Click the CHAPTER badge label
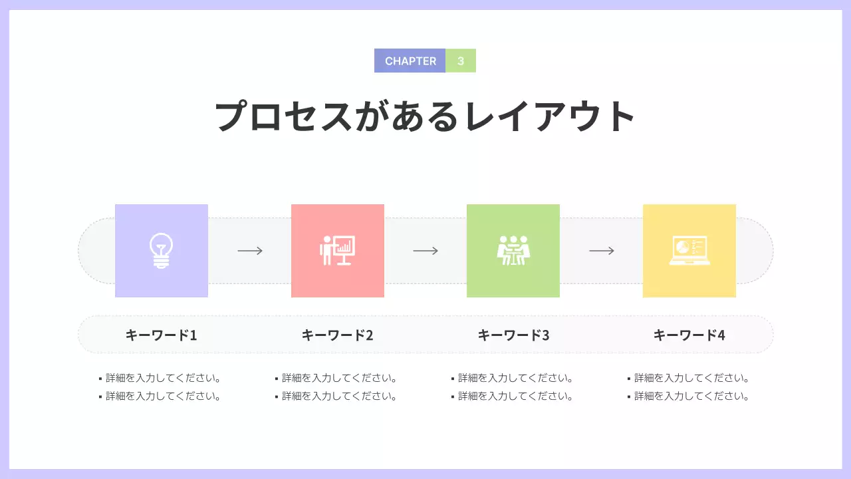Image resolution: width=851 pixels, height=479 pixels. tap(410, 61)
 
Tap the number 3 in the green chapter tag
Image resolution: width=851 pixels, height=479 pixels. tap(461, 61)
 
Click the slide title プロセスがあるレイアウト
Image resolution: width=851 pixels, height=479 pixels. tap(425, 116)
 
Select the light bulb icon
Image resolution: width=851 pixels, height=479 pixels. tap(161, 251)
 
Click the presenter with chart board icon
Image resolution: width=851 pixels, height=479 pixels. tap(338, 251)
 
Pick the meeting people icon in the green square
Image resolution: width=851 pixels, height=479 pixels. tap(513, 251)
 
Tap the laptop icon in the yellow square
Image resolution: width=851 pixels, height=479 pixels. tap(689, 251)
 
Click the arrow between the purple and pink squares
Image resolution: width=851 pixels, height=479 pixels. tap(250, 251)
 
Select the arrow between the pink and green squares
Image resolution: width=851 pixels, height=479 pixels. tap(425, 251)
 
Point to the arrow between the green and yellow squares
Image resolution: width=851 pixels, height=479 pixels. tap(602, 251)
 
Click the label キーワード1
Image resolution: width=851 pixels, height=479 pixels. tap(162, 335)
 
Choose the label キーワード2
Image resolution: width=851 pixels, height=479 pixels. tap(338, 335)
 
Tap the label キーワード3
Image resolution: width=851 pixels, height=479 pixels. tap(514, 335)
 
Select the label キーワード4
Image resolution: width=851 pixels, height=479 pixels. tap(689, 335)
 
